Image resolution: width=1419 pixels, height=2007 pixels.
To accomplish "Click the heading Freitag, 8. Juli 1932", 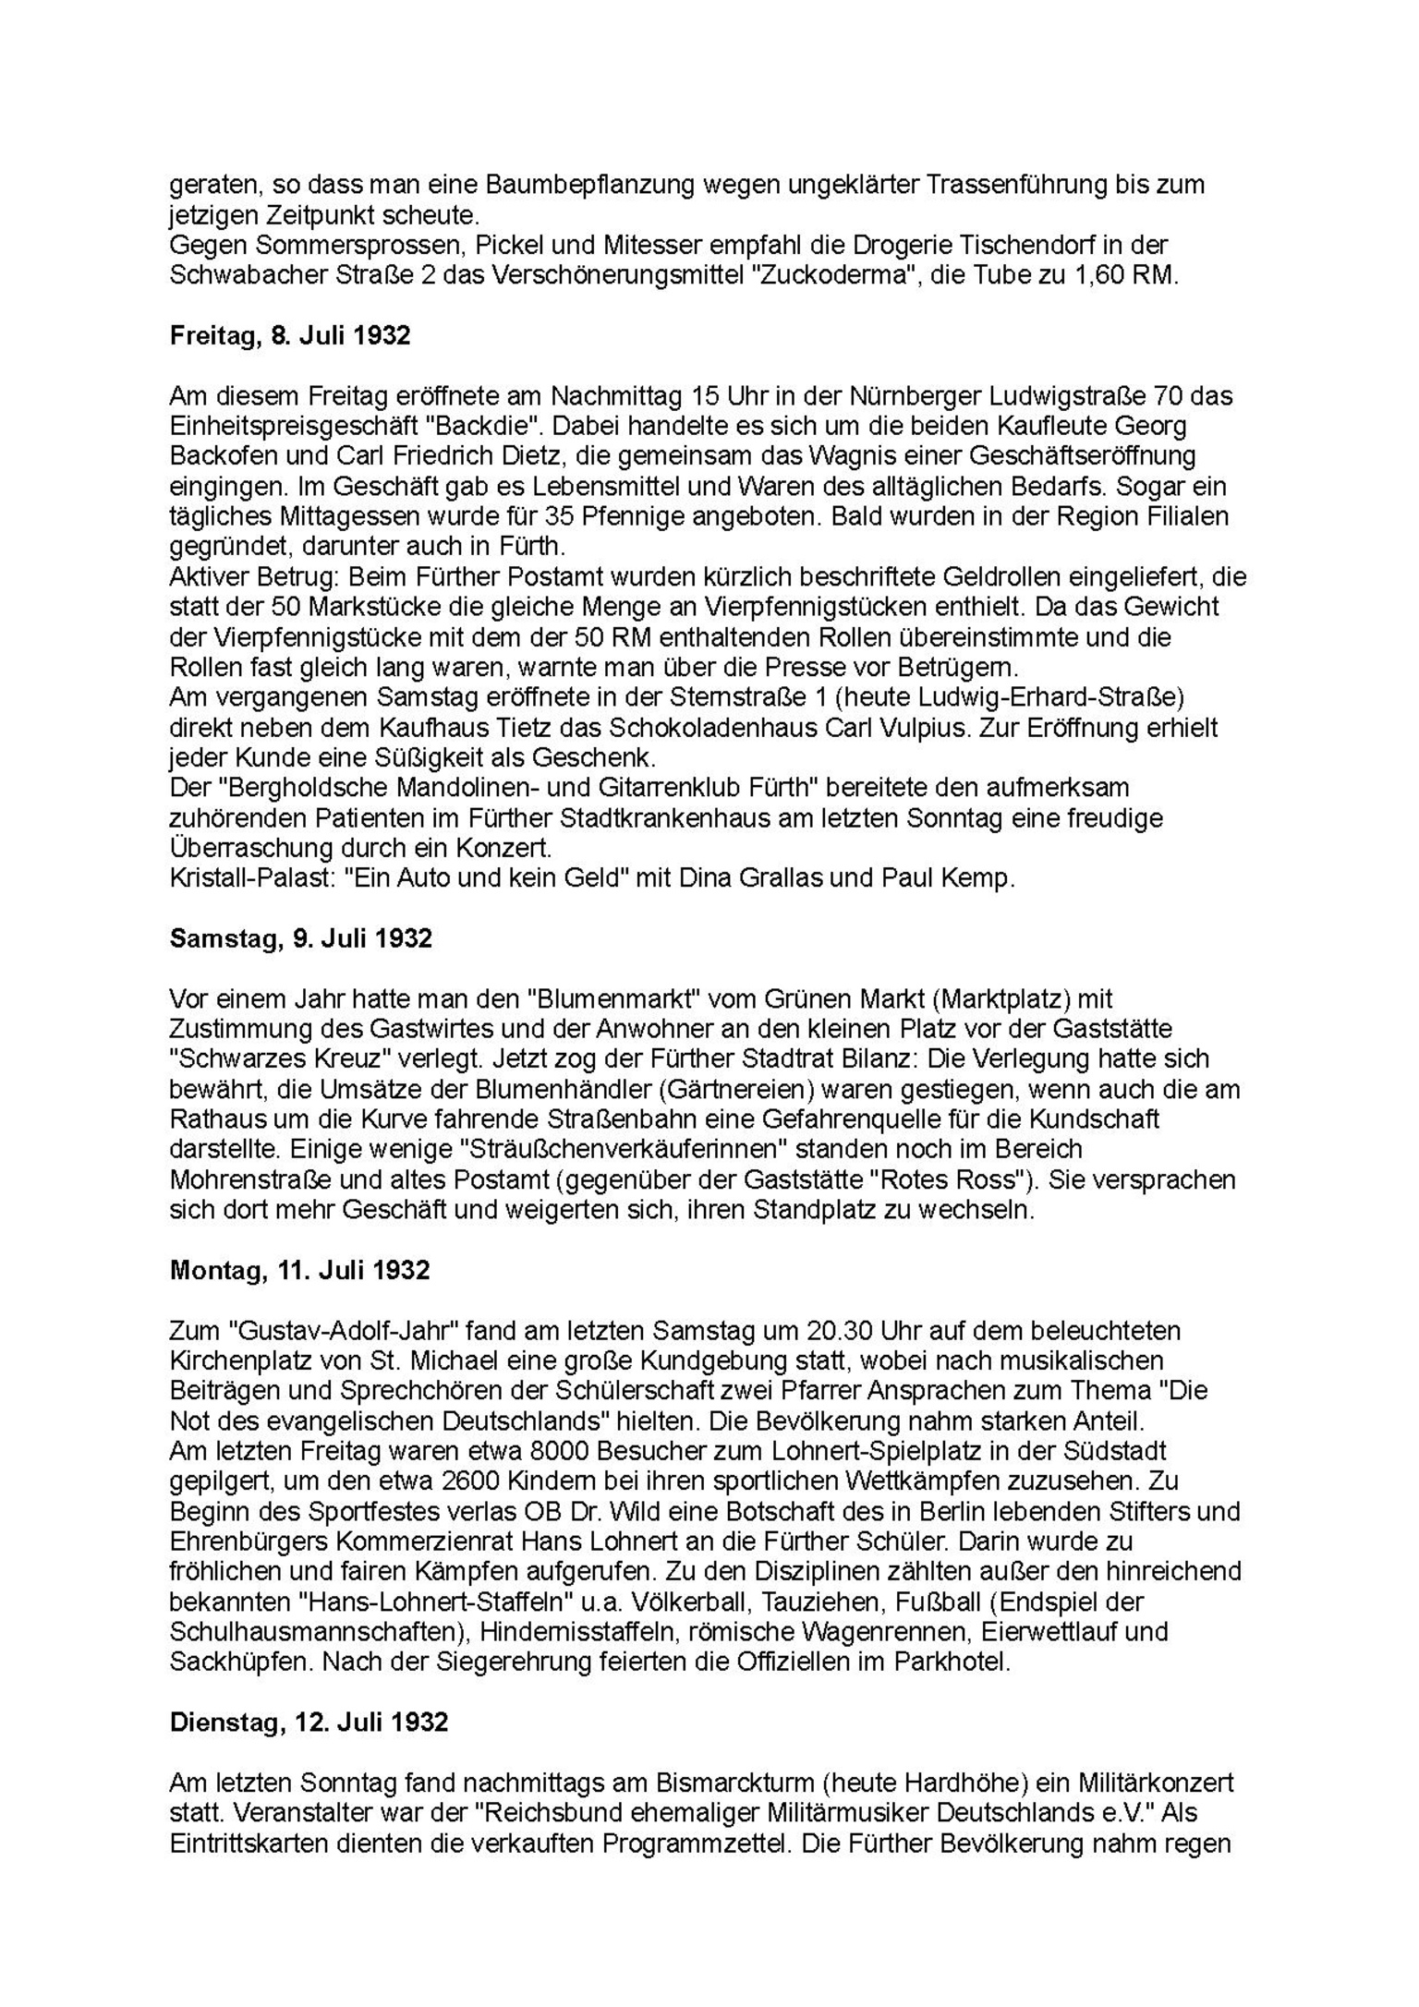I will tap(290, 336).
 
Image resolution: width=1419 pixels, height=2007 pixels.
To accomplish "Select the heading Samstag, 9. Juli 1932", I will tap(300, 938).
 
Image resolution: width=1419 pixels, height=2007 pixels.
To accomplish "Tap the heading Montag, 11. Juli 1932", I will tap(299, 1270).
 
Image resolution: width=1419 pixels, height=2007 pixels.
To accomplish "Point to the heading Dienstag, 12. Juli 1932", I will tap(309, 1723).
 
